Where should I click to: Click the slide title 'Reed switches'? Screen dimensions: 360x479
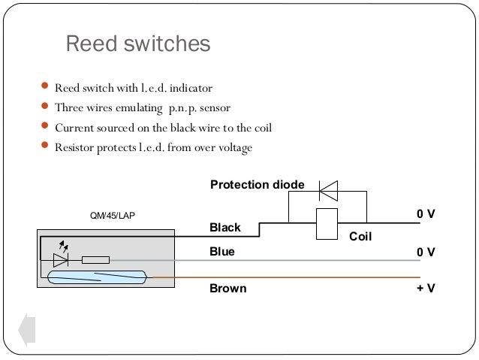tap(138, 45)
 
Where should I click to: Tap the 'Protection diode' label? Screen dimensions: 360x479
tap(257, 185)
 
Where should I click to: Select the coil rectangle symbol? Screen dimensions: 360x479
tap(327, 223)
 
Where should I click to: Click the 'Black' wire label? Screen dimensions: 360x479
tap(224, 227)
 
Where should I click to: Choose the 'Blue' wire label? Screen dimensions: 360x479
tap(221, 253)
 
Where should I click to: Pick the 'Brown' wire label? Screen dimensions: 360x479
tap(227, 288)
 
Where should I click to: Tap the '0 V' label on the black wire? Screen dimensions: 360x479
tap(426, 214)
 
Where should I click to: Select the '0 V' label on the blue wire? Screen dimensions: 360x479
tap(426, 253)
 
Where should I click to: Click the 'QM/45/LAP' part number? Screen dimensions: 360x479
tap(113, 216)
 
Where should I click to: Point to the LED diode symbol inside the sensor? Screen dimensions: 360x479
tap(62, 260)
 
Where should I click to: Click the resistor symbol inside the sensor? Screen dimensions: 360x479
tap(95, 260)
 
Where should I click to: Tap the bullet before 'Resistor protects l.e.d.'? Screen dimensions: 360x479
tap(47, 147)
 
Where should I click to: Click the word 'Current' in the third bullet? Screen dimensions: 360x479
tap(73, 128)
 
